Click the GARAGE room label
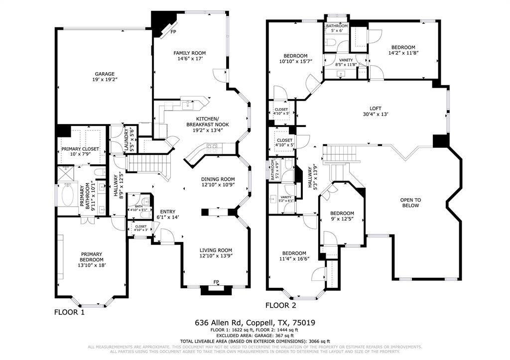[105, 74]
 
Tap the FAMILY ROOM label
[189, 53]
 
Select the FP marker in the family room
[173, 32]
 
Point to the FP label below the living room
[216, 282]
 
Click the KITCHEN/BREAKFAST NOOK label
[208, 121]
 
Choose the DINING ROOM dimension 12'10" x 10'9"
[218, 185]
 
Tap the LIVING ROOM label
[216, 250]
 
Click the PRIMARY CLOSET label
[80, 149]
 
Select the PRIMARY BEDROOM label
[92, 256]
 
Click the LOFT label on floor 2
[375, 108]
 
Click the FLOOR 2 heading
[281, 305]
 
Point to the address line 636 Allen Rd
[255, 323]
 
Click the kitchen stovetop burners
[212, 147]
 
